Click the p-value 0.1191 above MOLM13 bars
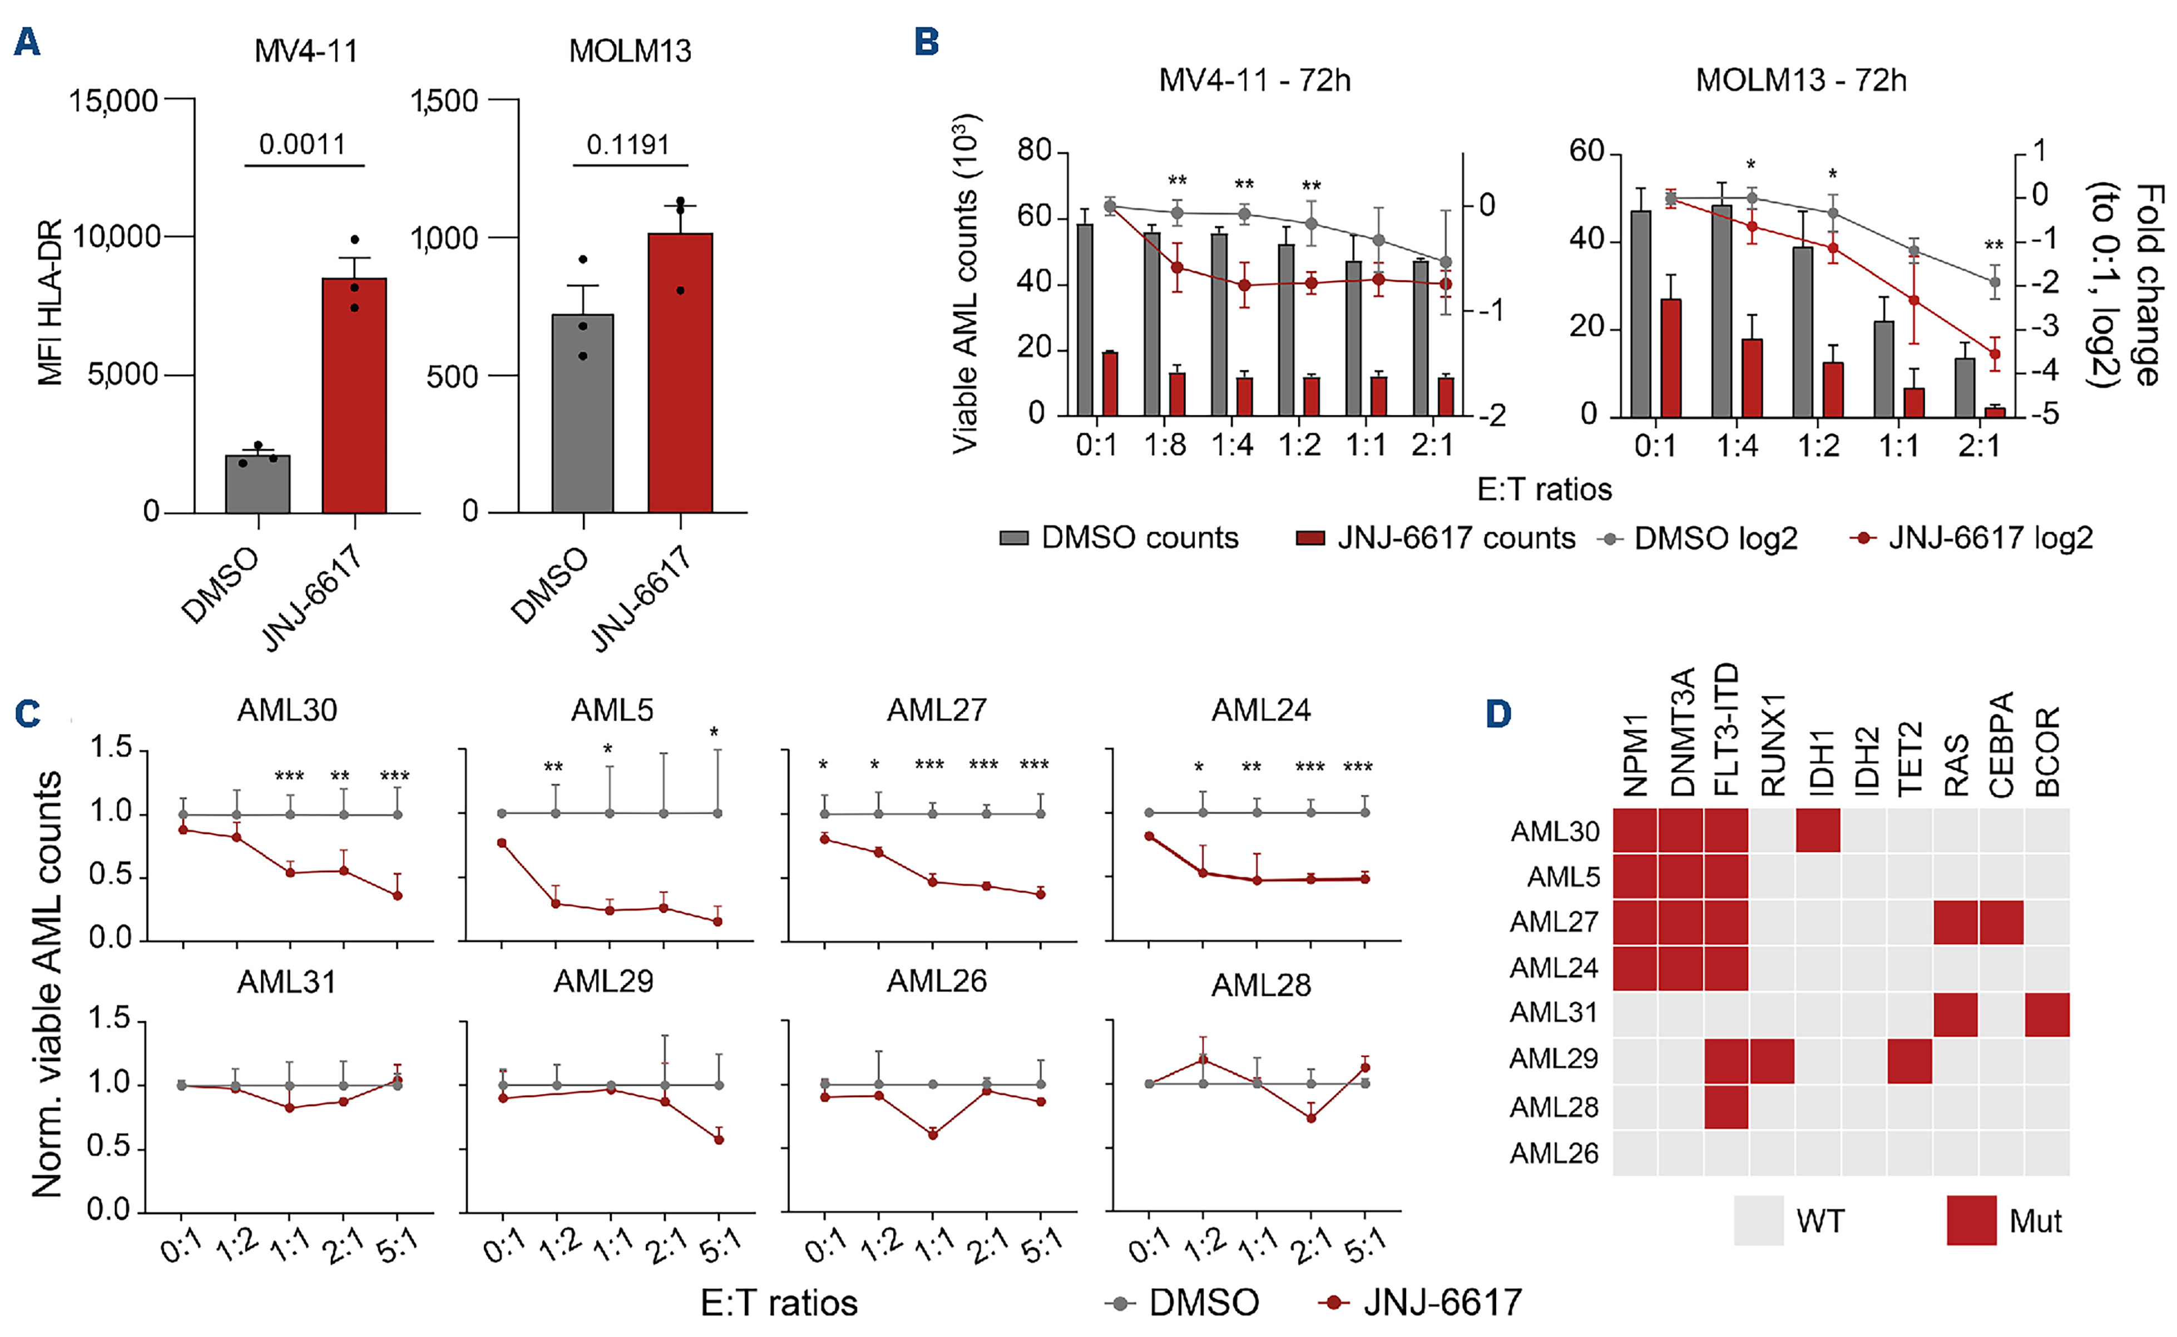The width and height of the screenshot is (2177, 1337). [628, 144]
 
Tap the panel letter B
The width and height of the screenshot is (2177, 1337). [926, 42]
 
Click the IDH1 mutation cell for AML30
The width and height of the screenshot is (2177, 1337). [1818, 831]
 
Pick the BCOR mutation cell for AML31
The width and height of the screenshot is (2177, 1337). [2047, 1014]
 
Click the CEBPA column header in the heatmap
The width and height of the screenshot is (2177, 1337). [2001, 744]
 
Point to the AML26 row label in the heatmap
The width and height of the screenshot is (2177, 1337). [1553, 1153]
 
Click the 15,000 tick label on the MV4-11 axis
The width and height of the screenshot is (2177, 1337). [113, 101]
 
